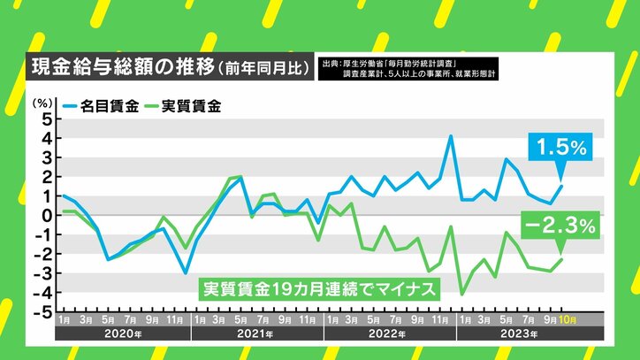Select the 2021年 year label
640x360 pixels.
tap(255, 334)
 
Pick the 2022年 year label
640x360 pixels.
tap(388, 334)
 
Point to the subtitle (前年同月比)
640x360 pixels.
tap(278, 66)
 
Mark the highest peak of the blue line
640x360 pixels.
tap(451, 135)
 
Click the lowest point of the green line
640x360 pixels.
tap(462, 294)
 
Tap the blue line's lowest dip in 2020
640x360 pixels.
tap(185, 272)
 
